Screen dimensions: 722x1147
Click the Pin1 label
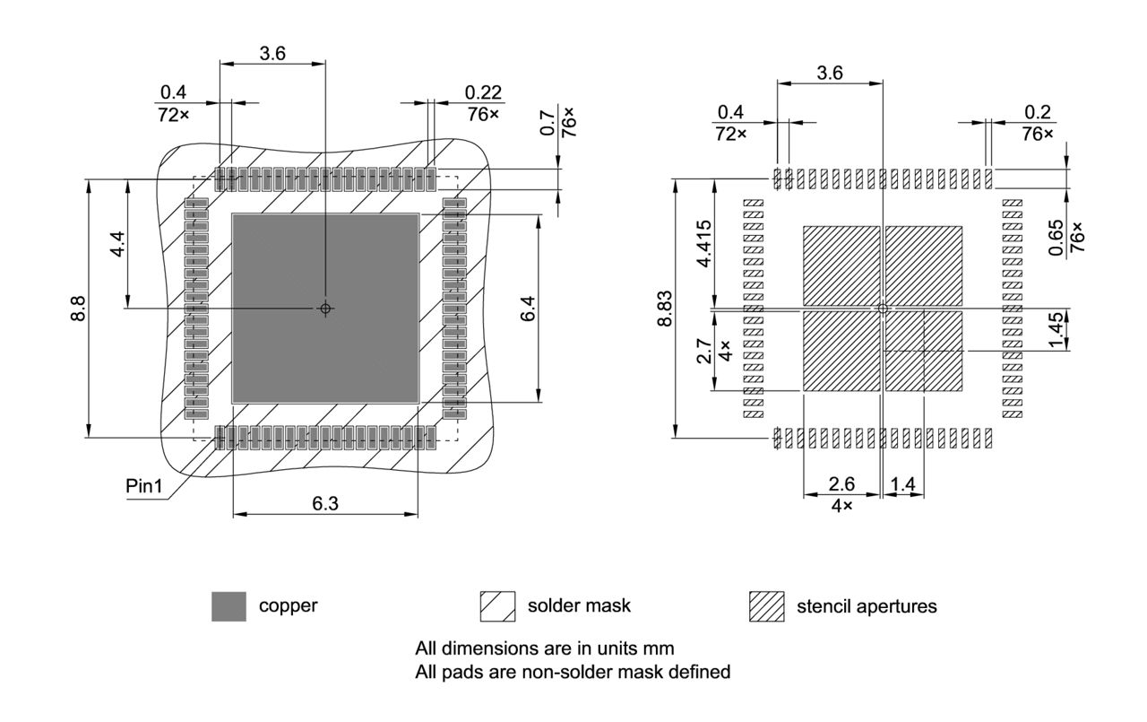point(143,487)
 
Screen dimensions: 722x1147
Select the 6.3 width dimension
point(324,503)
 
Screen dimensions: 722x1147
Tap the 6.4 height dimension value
point(529,309)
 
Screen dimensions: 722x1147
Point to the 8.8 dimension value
point(79,309)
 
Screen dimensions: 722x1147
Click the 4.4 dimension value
point(117,243)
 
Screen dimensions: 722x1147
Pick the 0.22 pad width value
point(484,92)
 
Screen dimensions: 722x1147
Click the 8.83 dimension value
point(665,309)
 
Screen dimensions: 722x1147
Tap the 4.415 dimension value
point(704,244)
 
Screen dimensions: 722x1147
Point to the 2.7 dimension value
point(704,350)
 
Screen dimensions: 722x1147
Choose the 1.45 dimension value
point(1056,330)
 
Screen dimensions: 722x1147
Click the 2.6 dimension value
point(841,484)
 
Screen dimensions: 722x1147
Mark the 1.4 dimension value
point(903,484)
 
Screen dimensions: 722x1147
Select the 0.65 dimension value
point(1056,238)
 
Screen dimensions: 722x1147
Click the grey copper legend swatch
point(229,606)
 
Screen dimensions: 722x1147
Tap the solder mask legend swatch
point(498,606)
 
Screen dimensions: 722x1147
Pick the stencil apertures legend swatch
point(766,607)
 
